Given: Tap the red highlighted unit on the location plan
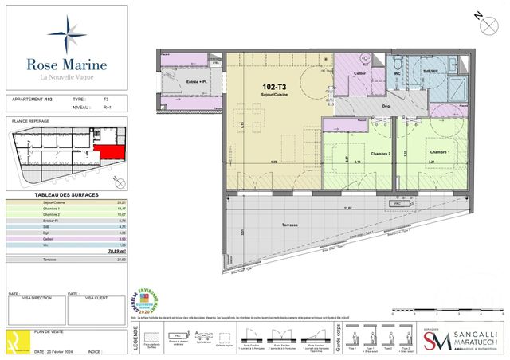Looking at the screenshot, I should (x=109, y=152).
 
